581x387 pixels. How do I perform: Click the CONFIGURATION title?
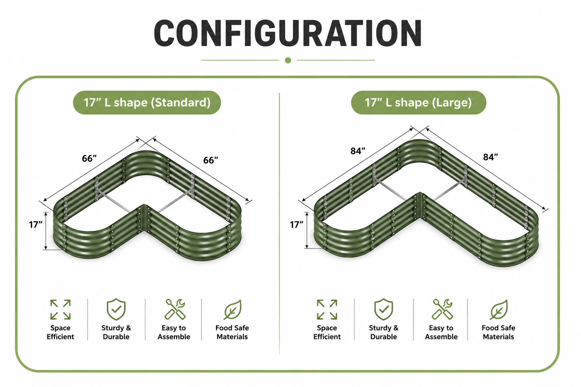(288, 33)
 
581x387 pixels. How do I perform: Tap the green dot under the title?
(288, 60)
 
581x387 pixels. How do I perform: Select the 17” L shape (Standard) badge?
(147, 103)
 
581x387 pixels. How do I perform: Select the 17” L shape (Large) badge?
(418, 103)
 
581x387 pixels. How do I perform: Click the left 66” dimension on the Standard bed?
(89, 158)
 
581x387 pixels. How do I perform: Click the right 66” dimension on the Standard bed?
(211, 160)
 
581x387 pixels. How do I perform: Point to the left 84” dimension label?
(358, 151)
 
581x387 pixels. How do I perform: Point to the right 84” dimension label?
(490, 157)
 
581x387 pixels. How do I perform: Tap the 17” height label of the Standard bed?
(36, 224)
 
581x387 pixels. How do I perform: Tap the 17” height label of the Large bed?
(296, 224)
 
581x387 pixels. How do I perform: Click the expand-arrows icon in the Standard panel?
(60, 310)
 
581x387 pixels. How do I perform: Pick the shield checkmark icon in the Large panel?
(383, 309)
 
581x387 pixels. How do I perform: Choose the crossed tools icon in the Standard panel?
(175, 309)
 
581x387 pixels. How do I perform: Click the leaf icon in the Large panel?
(499, 310)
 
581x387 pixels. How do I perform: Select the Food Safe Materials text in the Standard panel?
(232, 332)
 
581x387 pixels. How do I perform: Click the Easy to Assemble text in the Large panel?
(441, 332)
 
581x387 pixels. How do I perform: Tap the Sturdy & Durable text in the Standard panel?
(116, 332)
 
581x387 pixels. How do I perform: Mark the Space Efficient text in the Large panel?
(327, 332)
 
